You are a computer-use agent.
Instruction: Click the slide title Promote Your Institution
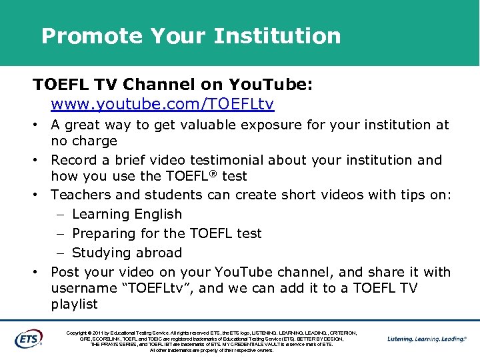(191, 36)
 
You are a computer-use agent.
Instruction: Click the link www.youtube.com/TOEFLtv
(163, 105)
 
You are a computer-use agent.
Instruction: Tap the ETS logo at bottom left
(28, 339)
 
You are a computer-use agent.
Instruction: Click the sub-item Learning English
(127, 214)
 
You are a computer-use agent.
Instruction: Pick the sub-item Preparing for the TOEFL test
(167, 233)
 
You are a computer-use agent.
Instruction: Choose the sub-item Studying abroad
(127, 253)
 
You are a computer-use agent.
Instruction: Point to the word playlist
(74, 304)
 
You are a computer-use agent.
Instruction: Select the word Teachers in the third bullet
(81, 195)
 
